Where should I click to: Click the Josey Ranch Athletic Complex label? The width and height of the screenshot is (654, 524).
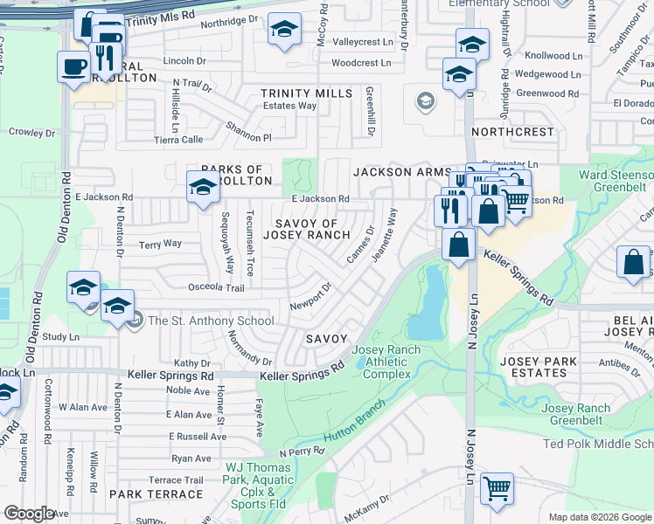[x=386, y=362]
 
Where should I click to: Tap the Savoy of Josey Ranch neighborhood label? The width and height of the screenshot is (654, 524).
[x=312, y=229]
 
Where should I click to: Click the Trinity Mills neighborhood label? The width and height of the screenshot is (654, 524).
[x=307, y=93]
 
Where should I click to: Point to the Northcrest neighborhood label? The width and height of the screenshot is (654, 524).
[x=512, y=132]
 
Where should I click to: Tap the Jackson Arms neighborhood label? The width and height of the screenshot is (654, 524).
[x=402, y=173]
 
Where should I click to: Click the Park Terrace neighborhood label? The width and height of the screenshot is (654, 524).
[x=156, y=494]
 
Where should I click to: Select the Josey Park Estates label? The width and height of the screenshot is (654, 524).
[x=534, y=367]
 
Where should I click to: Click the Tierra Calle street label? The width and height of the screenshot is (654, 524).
[x=178, y=139]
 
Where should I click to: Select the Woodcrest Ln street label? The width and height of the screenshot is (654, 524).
[x=361, y=63]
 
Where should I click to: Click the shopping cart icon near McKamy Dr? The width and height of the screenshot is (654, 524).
[x=497, y=488]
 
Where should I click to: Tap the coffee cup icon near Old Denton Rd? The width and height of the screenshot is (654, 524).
[x=73, y=65]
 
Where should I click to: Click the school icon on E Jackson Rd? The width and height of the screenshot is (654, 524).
[x=203, y=187]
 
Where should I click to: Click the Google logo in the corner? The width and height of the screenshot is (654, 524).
[x=29, y=514]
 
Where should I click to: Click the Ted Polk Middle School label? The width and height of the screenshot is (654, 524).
[x=598, y=445]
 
